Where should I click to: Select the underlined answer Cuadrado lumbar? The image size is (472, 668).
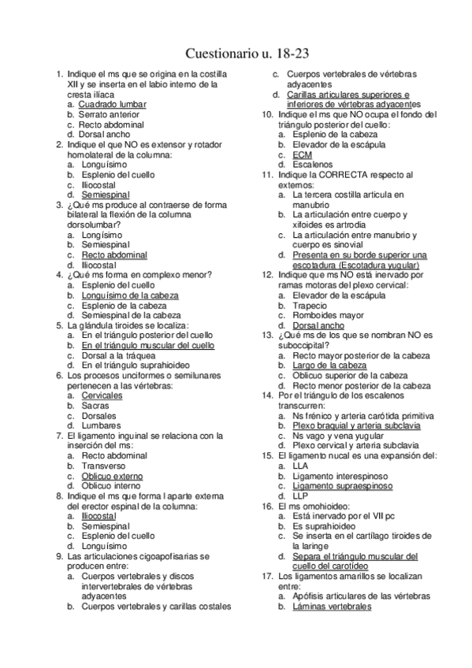(113, 104)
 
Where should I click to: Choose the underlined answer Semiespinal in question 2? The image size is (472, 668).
(106, 195)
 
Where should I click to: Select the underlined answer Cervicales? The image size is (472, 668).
(102, 395)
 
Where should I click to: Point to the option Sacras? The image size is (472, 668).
(94, 406)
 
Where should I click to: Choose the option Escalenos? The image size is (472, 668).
(312, 165)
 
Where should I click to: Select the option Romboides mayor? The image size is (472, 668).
(328, 315)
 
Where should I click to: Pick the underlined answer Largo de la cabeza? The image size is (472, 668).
(329, 366)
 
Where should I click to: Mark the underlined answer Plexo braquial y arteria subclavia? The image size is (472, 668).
(355, 425)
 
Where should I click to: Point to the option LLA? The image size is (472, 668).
(300, 466)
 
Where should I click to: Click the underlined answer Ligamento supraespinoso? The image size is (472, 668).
(342, 486)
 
